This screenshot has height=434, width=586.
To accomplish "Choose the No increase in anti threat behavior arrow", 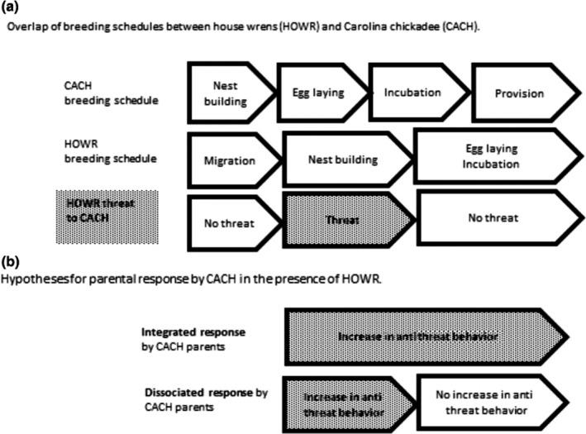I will tap(486, 401).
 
